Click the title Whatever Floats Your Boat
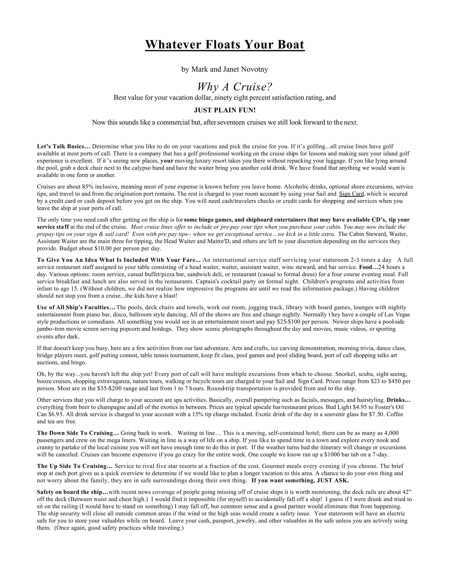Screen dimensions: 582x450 coord(225,45)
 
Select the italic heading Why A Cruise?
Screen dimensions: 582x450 coord(235,87)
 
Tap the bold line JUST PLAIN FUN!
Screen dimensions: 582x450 coord(225,110)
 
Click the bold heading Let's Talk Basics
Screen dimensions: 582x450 coord(64,146)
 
